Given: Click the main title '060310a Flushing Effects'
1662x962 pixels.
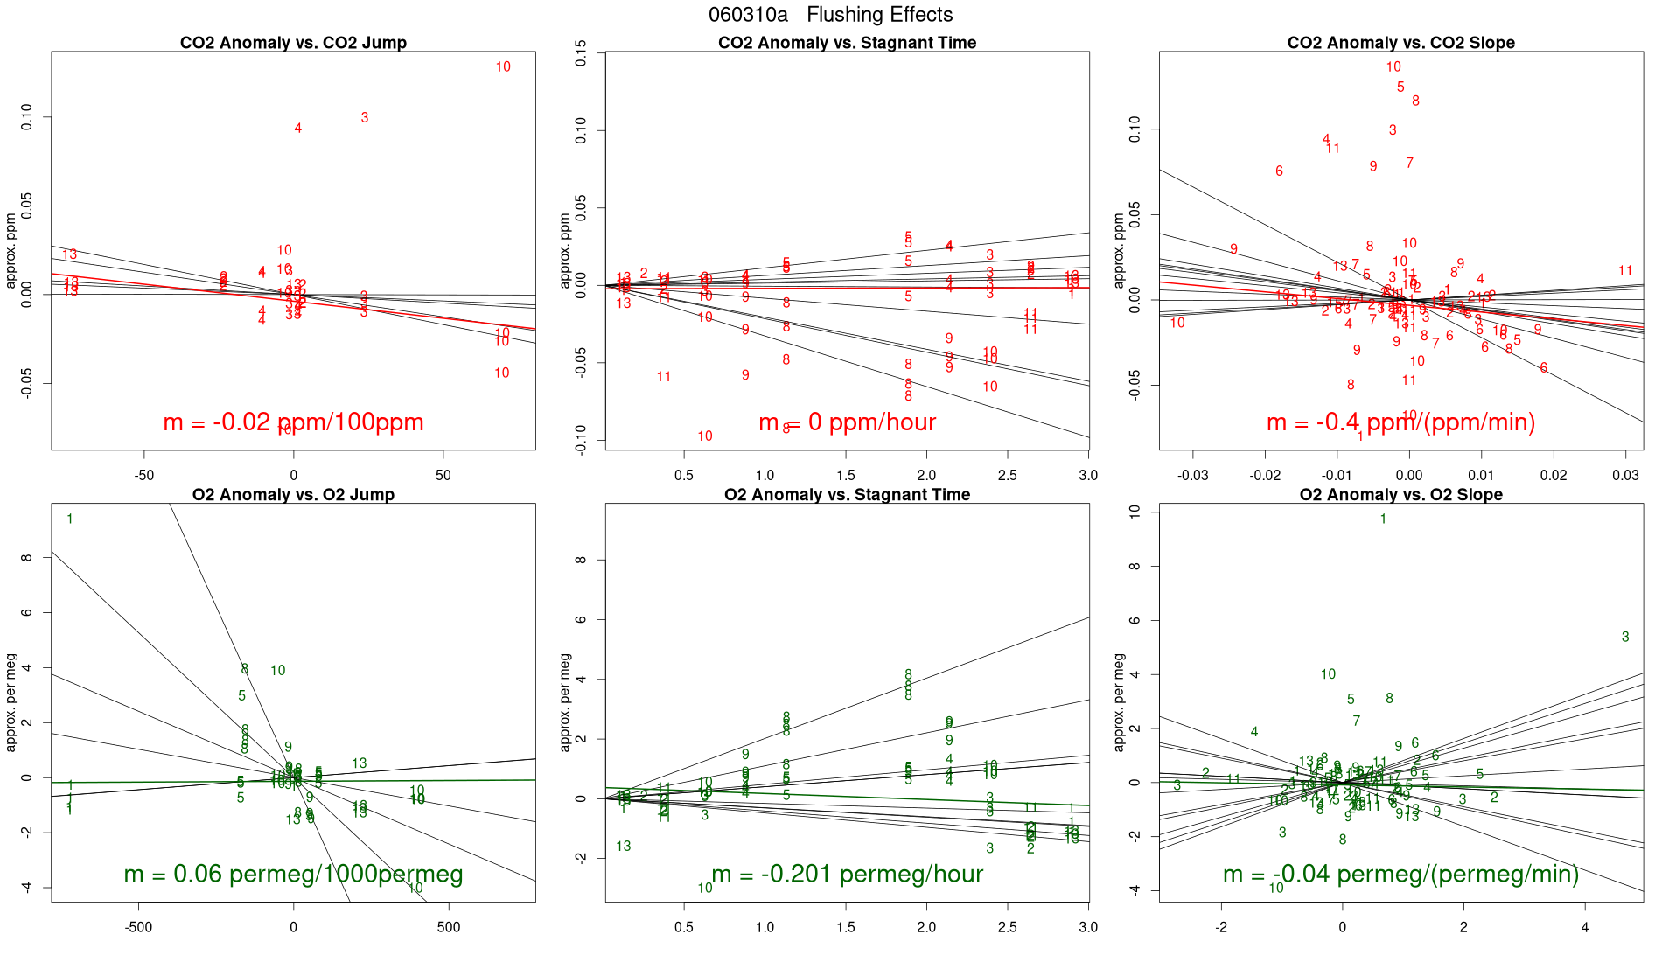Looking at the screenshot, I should click(x=830, y=15).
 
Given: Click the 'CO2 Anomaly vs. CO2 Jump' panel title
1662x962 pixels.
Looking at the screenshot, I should click(x=293, y=43).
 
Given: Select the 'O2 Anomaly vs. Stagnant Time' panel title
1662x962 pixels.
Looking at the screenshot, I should click(x=847, y=495).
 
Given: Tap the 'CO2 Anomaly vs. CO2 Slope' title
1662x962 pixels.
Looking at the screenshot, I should click(x=1400, y=43).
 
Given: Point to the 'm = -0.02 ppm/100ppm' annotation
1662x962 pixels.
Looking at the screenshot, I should click(x=293, y=422).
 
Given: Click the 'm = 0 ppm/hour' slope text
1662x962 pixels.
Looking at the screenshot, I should click(x=847, y=422).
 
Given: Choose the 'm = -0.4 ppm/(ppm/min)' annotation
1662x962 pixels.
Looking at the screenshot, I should click(x=1400, y=422).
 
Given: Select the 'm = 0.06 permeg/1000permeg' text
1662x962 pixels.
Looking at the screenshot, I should click(x=293, y=875).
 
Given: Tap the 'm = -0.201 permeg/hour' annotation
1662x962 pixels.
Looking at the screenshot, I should click(x=847, y=875).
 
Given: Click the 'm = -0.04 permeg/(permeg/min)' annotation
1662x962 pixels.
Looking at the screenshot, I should click(x=1400, y=875).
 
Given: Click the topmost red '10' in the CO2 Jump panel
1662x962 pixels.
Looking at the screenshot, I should click(x=503, y=67).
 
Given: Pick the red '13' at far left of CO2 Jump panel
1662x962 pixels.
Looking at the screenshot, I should click(x=70, y=254).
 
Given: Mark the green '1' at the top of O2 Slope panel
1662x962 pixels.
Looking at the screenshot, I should click(x=1383, y=519).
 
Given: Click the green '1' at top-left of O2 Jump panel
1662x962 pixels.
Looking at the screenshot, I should click(x=70, y=519).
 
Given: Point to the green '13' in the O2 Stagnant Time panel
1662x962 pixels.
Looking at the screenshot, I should click(x=623, y=847).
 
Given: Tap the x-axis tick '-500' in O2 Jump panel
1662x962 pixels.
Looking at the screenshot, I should click(x=138, y=927).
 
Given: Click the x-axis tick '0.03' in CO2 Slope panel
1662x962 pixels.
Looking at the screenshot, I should click(x=1625, y=475).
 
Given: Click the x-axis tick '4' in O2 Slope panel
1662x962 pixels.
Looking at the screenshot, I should click(x=1585, y=927).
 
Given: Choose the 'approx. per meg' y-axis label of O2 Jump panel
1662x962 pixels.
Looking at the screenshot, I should click(x=11, y=702).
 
